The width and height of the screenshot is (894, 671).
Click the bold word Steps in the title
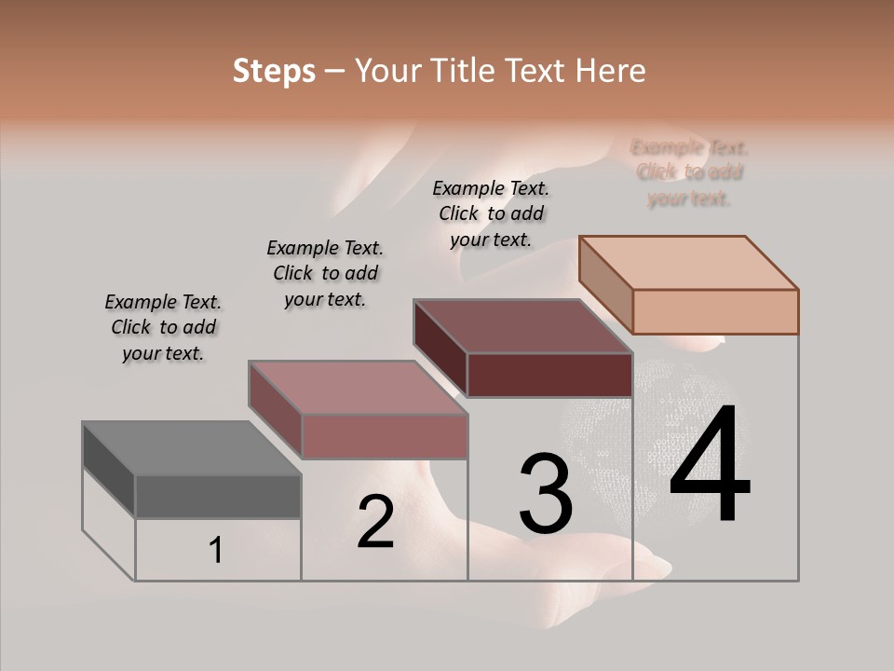tap(274, 71)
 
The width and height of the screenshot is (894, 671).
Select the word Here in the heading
tap(612, 71)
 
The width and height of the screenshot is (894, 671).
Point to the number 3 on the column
tap(546, 494)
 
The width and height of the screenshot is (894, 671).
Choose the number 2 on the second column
tap(375, 522)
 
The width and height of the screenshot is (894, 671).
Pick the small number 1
tap(216, 551)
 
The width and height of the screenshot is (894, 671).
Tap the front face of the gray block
tap(218, 497)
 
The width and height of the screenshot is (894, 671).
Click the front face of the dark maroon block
tap(549, 376)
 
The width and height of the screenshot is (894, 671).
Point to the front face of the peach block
tap(715, 311)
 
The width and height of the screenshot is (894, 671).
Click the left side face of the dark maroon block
tap(440, 348)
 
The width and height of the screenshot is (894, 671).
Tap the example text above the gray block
tap(163, 327)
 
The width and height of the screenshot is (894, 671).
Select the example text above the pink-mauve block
tap(325, 273)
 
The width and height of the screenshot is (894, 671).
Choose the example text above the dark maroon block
tap(491, 213)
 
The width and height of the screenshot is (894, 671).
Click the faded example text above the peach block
tap(689, 172)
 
